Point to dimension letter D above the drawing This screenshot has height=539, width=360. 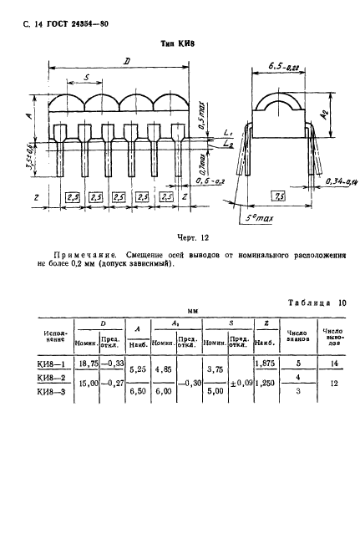tap(126, 61)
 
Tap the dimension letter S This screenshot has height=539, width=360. tap(88, 77)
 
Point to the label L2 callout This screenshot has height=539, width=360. tap(230, 144)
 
